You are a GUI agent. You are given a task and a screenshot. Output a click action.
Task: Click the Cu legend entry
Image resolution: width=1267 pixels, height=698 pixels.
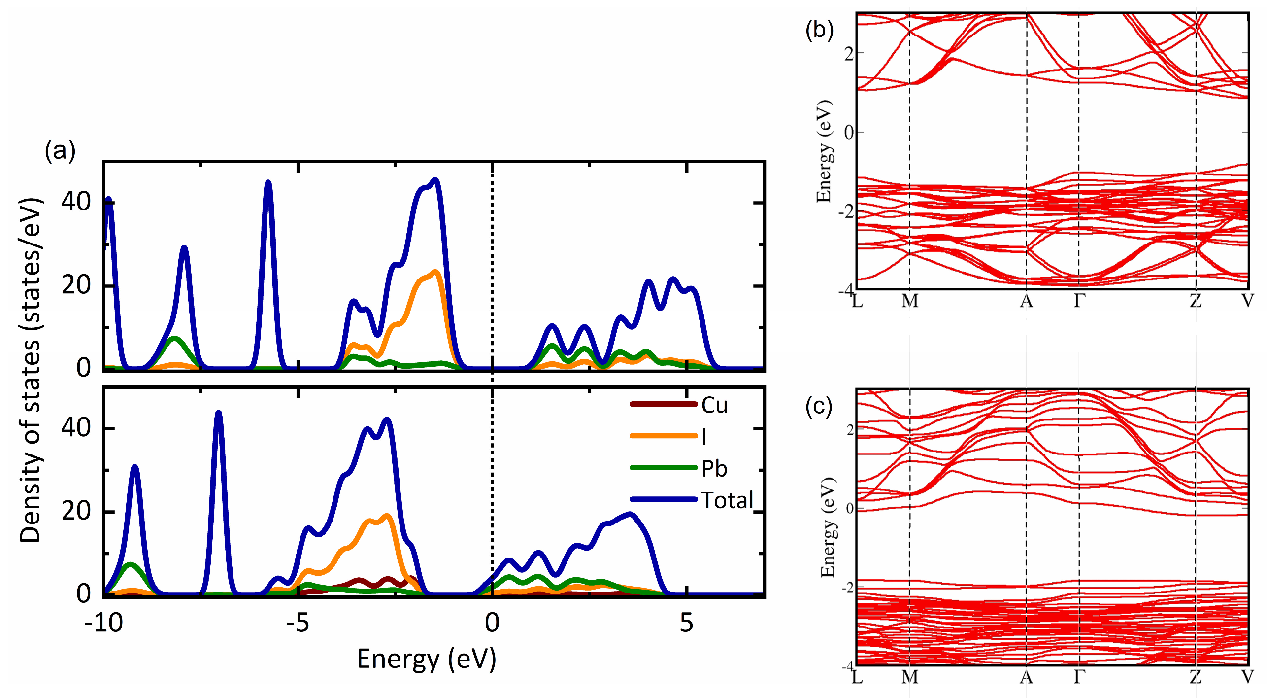tap(714, 405)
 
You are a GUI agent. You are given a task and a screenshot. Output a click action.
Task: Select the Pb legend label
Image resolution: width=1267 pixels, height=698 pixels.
tap(714, 468)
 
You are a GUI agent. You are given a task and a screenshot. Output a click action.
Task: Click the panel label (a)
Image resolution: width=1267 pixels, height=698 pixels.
tap(60, 150)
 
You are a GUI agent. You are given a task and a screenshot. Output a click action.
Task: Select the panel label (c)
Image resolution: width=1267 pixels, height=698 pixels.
tap(819, 407)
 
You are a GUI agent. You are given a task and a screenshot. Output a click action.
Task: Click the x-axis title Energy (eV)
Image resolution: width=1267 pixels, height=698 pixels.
tap(426, 660)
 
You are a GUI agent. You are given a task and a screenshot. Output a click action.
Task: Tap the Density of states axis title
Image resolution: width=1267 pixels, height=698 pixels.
tap(31, 370)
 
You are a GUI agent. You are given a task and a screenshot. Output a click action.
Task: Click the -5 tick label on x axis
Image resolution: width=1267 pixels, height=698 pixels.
tap(298, 623)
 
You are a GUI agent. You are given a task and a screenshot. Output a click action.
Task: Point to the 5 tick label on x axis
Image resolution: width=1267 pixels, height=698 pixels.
tap(686, 623)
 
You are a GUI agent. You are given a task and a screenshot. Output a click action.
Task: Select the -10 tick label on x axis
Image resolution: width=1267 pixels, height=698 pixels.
tap(103, 623)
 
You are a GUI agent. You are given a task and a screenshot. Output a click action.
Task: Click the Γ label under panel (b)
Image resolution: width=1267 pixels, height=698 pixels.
tap(1079, 301)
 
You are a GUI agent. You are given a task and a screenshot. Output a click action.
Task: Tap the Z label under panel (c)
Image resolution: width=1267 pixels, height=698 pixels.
tap(1196, 677)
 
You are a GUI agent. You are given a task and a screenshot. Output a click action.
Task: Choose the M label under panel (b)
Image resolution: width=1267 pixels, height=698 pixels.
tap(909, 301)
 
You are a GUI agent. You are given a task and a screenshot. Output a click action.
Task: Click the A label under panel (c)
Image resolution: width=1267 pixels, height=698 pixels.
tap(1026, 677)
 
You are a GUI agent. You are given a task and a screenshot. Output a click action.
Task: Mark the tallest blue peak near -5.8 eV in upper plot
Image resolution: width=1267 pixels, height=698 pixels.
tap(268, 183)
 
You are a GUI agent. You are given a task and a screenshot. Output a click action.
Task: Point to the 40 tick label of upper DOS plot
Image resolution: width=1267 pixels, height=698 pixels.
tap(76, 202)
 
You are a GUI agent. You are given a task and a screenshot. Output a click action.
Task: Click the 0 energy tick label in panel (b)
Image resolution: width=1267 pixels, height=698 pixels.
tap(849, 132)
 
